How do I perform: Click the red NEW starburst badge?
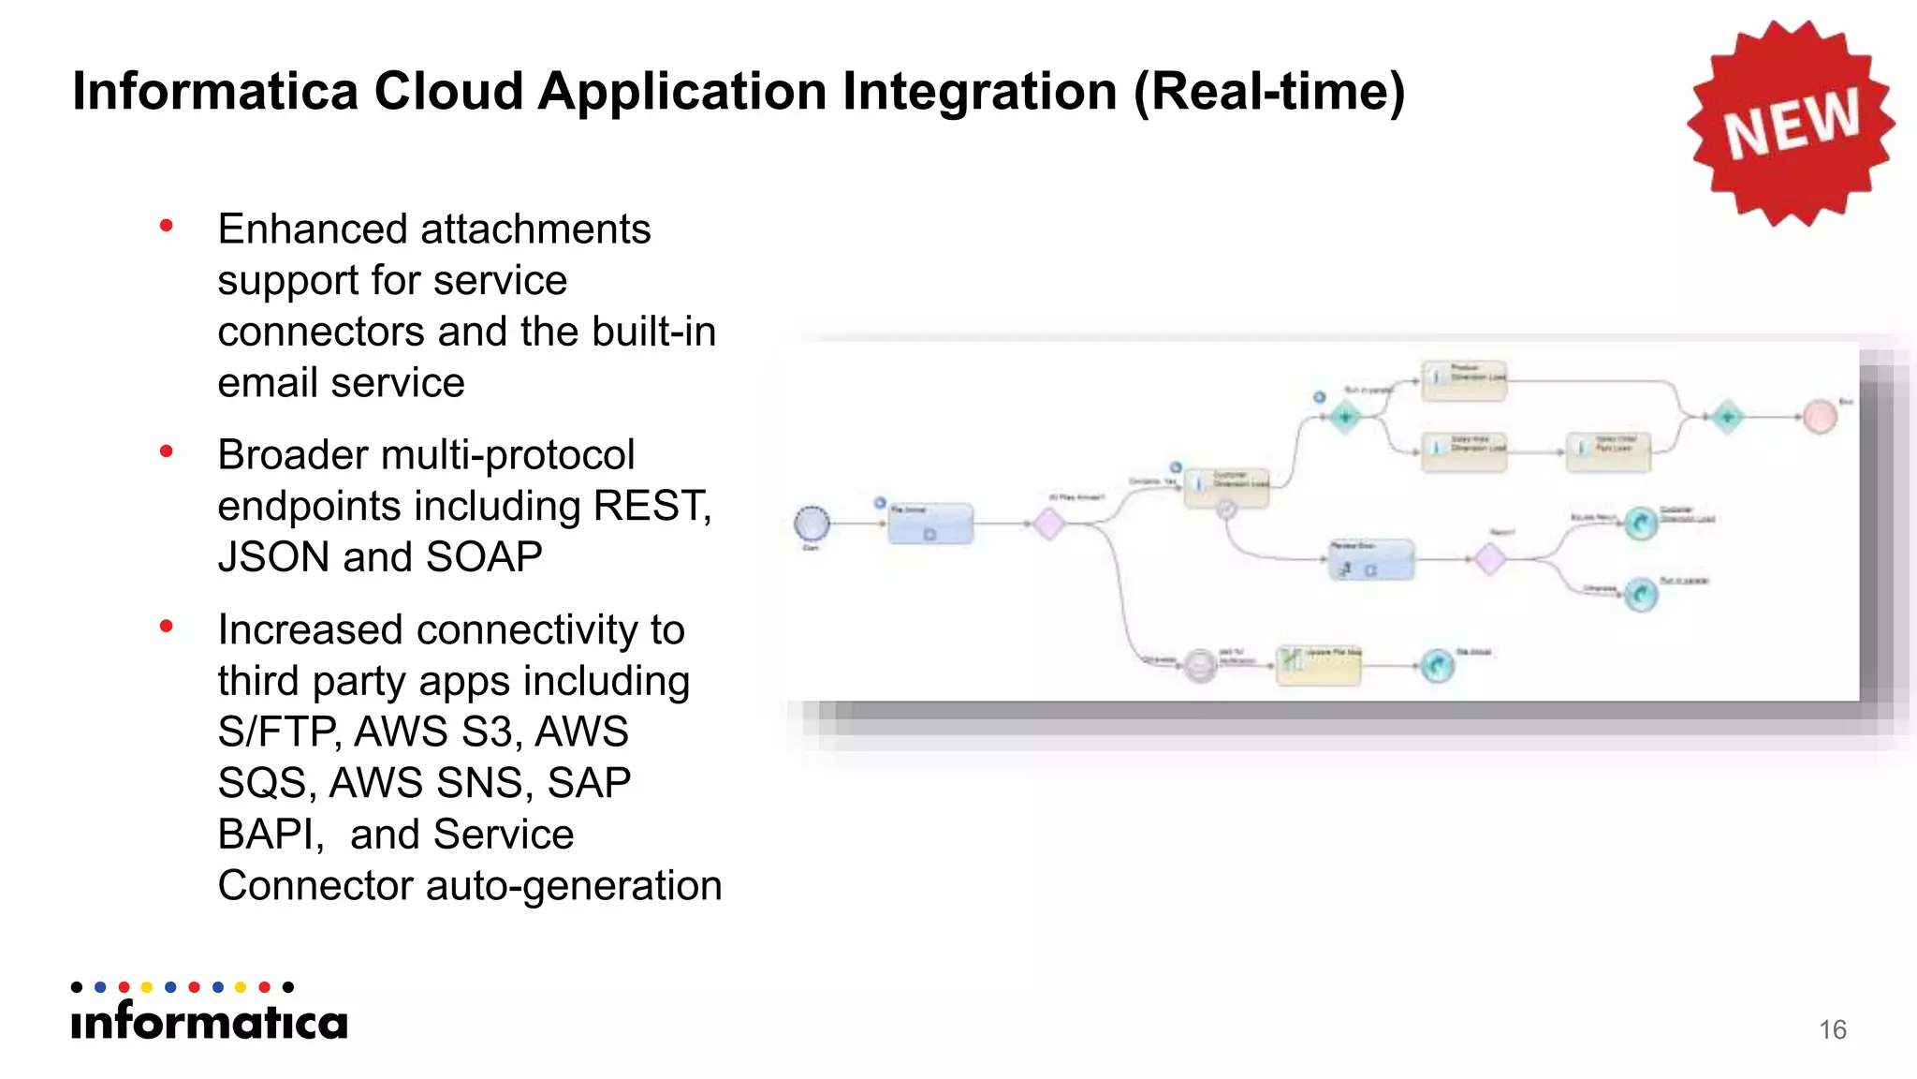point(1791,124)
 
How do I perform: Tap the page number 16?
point(1832,1029)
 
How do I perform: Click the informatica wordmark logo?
point(210,1021)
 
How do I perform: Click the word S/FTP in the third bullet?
point(277,732)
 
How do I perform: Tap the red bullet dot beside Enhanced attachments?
point(167,226)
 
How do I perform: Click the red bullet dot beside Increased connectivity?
point(167,627)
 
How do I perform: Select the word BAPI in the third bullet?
point(270,835)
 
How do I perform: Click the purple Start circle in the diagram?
point(812,524)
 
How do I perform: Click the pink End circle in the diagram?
point(1820,417)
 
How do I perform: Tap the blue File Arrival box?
point(929,524)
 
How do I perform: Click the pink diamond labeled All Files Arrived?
point(1048,524)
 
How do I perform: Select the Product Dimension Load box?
point(1463,380)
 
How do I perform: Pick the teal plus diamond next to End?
point(1727,417)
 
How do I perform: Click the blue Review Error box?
point(1370,560)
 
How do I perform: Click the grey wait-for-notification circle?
point(1200,665)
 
